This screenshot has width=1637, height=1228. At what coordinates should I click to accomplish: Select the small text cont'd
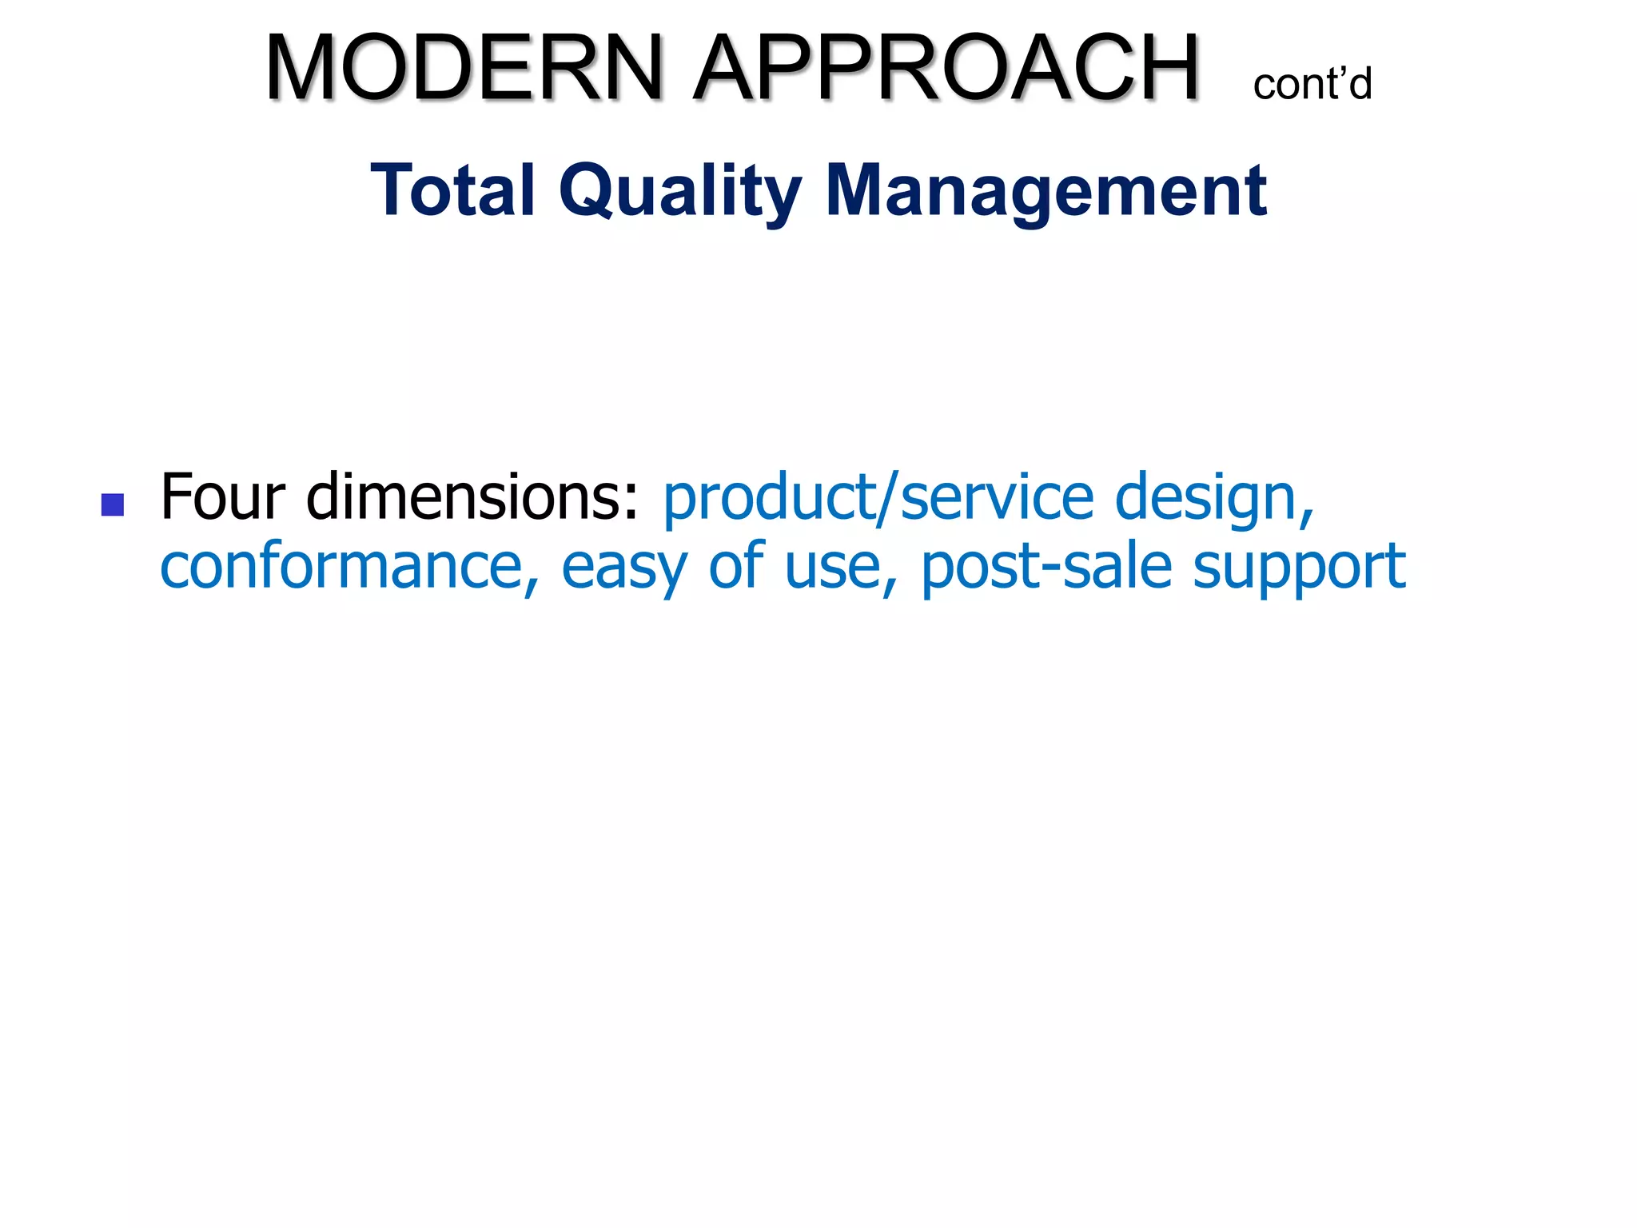point(1312,84)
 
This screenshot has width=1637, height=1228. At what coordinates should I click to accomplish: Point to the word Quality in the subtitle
point(680,192)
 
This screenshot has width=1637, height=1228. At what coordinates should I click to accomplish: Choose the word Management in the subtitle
point(1046,192)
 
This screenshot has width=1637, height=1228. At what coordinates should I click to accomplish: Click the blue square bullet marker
point(113,504)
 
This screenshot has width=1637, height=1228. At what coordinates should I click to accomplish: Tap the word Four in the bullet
point(222,497)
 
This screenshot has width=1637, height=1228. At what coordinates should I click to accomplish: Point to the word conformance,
point(350,566)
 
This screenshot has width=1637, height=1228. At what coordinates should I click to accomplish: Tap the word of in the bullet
point(736,566)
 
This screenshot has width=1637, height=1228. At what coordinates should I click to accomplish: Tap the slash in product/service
point(887,497)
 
